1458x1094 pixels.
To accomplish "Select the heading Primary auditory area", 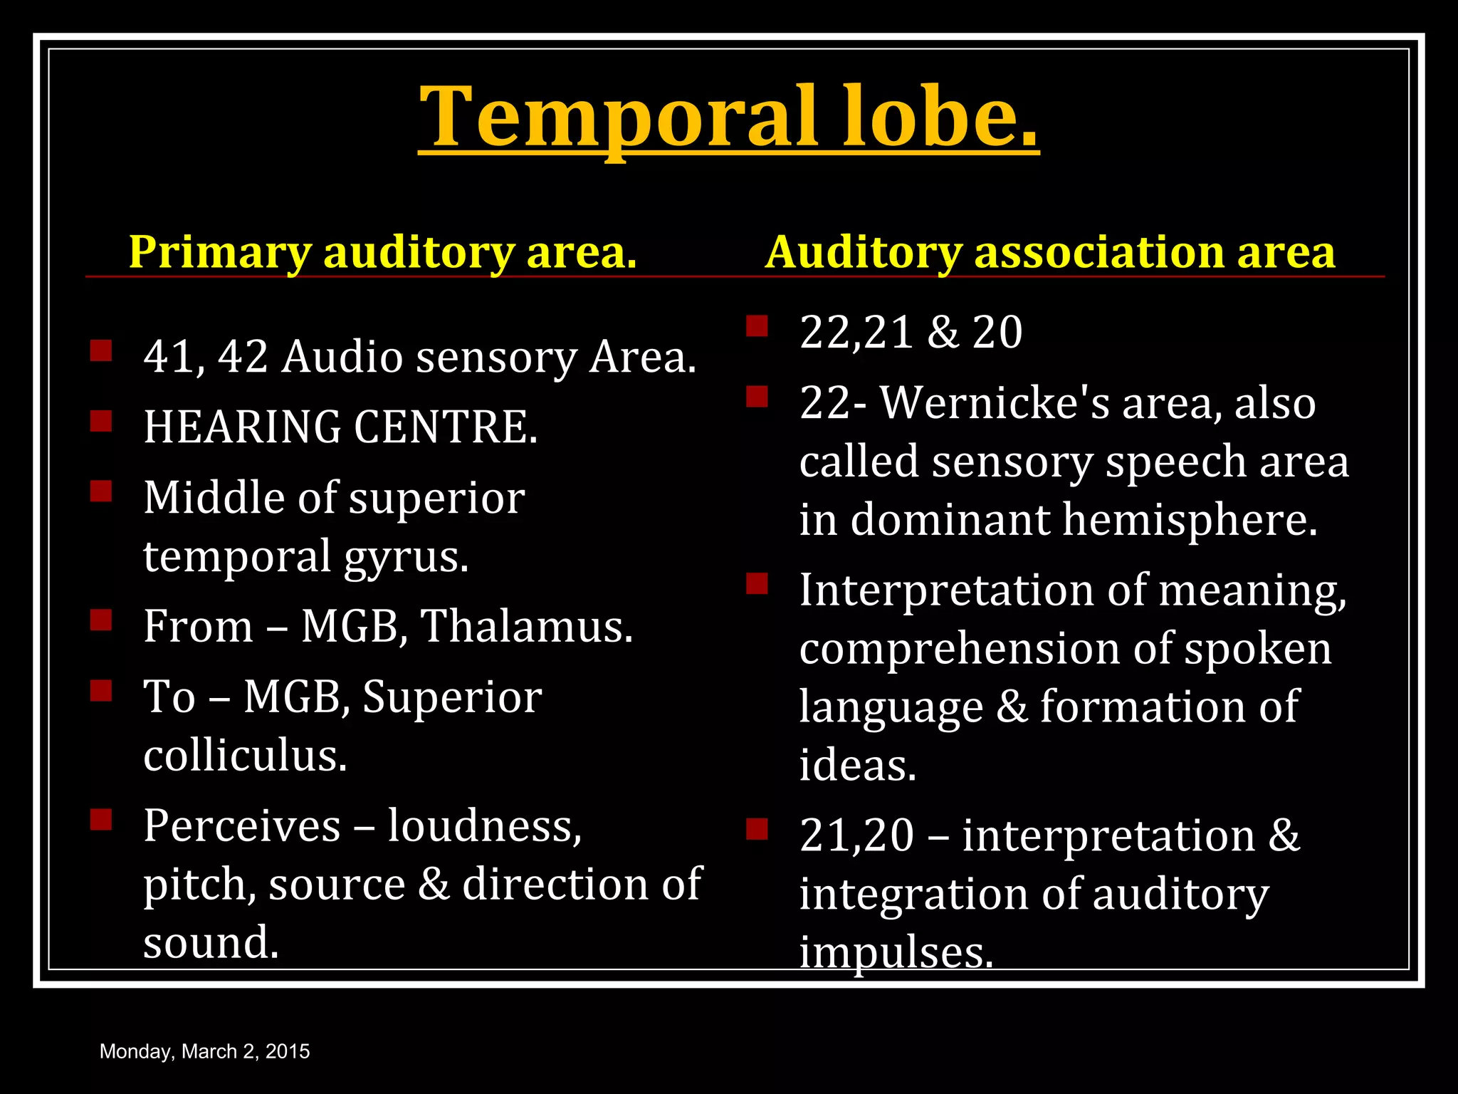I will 382,252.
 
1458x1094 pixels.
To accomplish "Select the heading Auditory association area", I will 1050,252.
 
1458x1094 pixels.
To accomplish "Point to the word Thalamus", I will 527,627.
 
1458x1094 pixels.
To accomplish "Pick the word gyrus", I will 407,557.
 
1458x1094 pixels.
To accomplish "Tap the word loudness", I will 485,826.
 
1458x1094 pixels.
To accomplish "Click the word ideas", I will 858,766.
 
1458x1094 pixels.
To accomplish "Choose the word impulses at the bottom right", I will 896,952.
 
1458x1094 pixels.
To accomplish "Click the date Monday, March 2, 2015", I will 205,1051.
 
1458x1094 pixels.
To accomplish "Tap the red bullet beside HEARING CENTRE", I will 101,421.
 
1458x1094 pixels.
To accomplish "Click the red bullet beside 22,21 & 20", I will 757,326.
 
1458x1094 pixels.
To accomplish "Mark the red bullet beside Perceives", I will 101,820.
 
